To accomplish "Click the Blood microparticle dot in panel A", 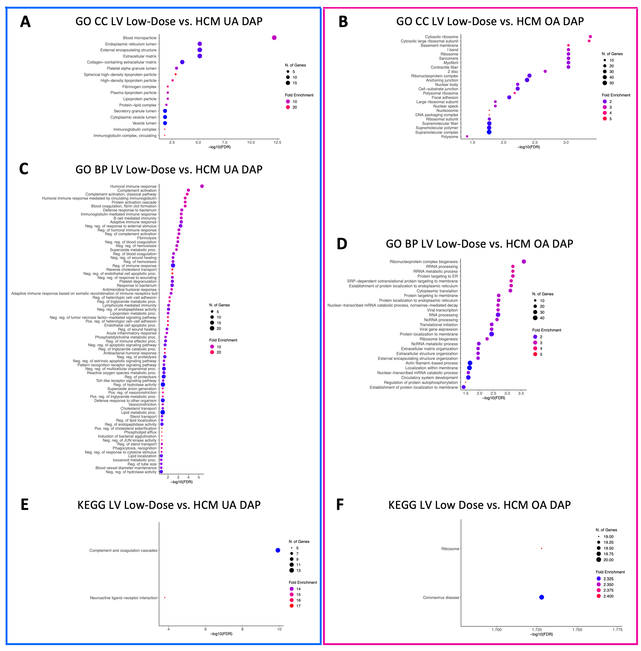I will click(274, 38).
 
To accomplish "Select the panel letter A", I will click(25, 22).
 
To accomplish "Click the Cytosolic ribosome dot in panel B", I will click(590, 37).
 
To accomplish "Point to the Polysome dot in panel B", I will click(467, 136).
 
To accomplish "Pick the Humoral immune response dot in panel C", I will click(202, 186).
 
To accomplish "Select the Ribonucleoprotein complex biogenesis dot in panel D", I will click(523, 262).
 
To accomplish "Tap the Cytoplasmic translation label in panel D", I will click(437, 291).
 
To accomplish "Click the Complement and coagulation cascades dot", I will click(278, 550).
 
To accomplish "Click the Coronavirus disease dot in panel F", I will click(541, 597).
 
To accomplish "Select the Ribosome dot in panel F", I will click(541, 549).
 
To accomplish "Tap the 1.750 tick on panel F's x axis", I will click(577, 629).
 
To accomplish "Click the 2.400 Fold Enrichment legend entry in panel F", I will click(608, 596).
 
